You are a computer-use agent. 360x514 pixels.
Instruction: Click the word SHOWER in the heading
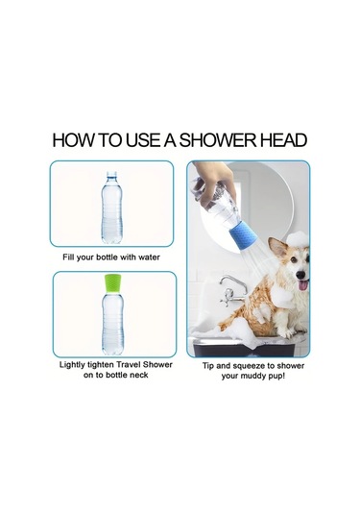pos(218,140)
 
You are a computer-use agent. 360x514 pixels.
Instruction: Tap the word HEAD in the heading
pos(283,140)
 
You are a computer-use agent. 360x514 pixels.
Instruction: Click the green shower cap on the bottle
pos(112,283)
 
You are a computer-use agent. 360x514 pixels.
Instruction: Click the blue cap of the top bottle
pos(111,174)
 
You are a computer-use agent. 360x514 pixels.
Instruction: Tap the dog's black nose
pos(300,275)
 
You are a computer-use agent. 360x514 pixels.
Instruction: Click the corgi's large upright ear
pos(277,248)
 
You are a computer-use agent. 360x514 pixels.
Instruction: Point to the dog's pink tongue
pos(303,284)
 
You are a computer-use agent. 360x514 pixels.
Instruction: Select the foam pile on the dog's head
pos(299,239)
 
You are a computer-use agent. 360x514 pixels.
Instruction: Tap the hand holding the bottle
pos(215,184)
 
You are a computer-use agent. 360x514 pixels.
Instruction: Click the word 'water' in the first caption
pos(149,257)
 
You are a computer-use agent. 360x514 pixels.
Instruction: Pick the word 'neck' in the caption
pos(139,375)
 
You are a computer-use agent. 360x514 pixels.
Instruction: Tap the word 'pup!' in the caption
pos(276,377)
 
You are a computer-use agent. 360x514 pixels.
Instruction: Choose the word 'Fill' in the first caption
pos(68,257)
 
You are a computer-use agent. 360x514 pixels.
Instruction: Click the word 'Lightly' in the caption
pos(72,365)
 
